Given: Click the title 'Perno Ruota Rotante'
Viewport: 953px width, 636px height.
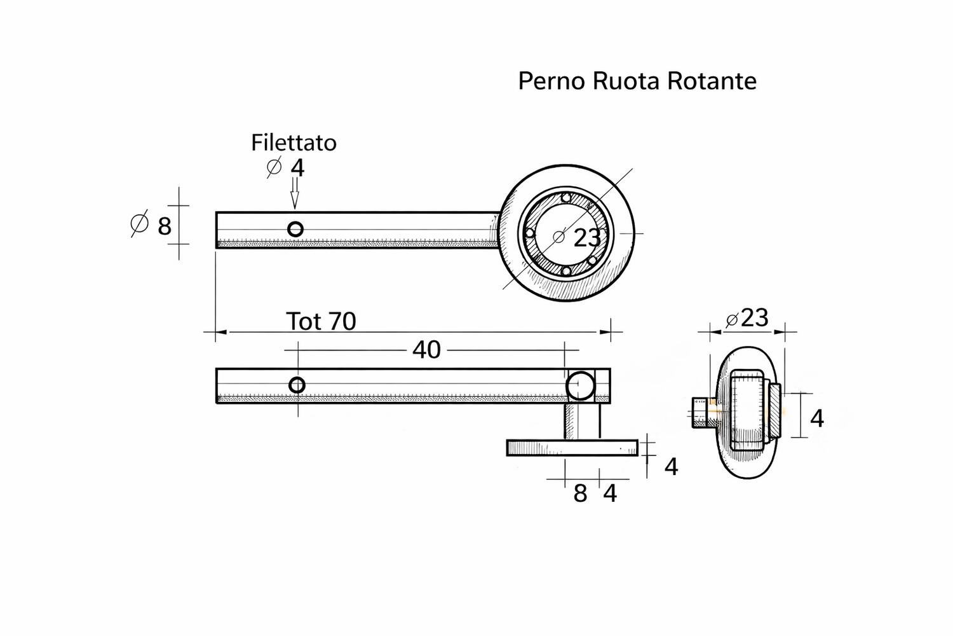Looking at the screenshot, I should point(637,81).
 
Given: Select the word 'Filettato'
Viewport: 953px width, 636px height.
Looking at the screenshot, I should point(294,142).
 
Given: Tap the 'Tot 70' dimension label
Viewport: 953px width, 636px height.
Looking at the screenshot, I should point(321,321).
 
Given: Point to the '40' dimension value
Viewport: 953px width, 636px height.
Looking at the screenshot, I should point(426,350).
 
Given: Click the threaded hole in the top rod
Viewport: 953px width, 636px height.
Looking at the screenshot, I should point(295,229).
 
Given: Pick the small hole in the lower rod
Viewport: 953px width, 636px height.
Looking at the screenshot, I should point(297,385).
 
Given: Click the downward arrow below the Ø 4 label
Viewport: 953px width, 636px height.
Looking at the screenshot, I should point(294,193).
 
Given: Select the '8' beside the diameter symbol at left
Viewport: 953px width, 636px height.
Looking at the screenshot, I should point(165,226).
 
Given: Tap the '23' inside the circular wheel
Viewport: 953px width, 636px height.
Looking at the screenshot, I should point(586,238).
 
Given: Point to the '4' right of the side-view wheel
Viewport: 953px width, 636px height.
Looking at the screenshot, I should point(817,418).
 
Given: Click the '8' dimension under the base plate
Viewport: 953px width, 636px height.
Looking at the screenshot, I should point(580,494).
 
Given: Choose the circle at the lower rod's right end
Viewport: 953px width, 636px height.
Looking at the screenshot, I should point(581,385).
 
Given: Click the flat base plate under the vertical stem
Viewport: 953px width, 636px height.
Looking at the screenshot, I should point(572,448).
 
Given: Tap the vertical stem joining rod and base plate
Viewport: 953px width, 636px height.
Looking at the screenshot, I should point(582,421).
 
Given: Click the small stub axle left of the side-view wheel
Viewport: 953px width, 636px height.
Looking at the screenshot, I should point(700,411).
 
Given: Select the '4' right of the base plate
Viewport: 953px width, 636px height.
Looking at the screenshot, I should point(671,467).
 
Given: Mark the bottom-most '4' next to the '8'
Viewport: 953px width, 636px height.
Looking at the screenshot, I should point(610,494).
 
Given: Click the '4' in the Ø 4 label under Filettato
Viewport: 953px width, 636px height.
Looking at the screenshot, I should point(297,168).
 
